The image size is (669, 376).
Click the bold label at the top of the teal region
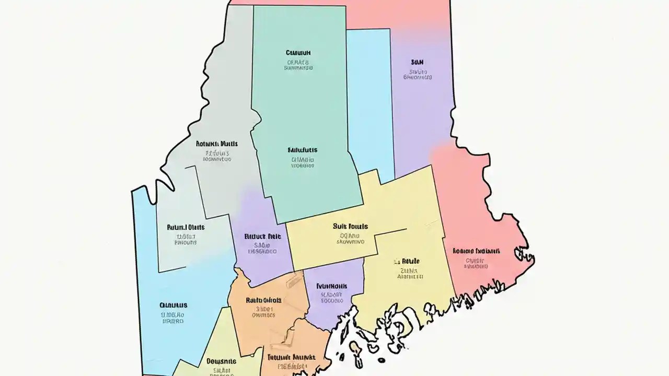coord(298,53)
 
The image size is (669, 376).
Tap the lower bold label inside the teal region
coord(303,150)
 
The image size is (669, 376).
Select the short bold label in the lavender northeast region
coord(417,62)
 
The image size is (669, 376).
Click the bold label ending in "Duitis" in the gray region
coord(217,143)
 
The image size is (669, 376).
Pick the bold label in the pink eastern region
coord(476,251)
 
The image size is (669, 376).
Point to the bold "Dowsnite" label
coord(221,361)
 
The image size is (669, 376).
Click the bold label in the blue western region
coord(173,304)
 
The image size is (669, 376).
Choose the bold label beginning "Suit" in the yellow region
coord(350,227)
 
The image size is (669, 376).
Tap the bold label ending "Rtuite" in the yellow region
coord(407,261)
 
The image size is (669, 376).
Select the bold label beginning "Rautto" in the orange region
coord(263,300)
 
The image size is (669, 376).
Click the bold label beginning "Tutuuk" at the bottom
coord(291,358)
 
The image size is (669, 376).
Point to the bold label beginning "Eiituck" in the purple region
coord(262,236)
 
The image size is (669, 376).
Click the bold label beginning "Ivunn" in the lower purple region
coord(332,286)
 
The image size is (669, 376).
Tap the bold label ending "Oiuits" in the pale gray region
coord(186,227)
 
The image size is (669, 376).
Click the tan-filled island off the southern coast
coord(356,348)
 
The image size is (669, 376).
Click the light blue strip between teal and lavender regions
coord(369,104)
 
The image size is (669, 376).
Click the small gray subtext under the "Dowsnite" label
coord(222,370)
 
